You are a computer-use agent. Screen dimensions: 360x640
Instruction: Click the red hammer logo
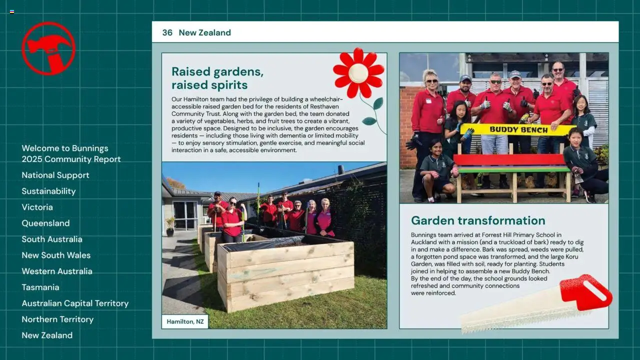(48, 48)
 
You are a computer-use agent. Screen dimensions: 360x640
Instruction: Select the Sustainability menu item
(48, 191)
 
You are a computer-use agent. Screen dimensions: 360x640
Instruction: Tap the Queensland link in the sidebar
(45, 223)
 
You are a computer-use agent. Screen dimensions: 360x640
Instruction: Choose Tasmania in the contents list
(40, 287)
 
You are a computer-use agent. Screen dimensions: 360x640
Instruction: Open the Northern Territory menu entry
(57, 319)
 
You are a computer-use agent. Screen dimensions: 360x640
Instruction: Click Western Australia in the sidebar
(56, 271)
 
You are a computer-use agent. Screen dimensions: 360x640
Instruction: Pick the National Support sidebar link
(55, 175)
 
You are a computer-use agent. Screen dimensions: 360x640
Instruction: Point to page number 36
(167, 32)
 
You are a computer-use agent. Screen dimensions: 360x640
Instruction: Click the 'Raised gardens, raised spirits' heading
(217, 78)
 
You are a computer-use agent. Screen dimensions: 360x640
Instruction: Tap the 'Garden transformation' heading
(477, 220)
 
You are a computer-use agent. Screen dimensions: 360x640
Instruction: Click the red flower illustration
(358, 73)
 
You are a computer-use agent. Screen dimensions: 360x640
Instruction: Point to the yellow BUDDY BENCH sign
(518, 129)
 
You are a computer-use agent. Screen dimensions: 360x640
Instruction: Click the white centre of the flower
(358, 73)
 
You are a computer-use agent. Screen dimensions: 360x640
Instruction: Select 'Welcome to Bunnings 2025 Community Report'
(71, 153)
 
